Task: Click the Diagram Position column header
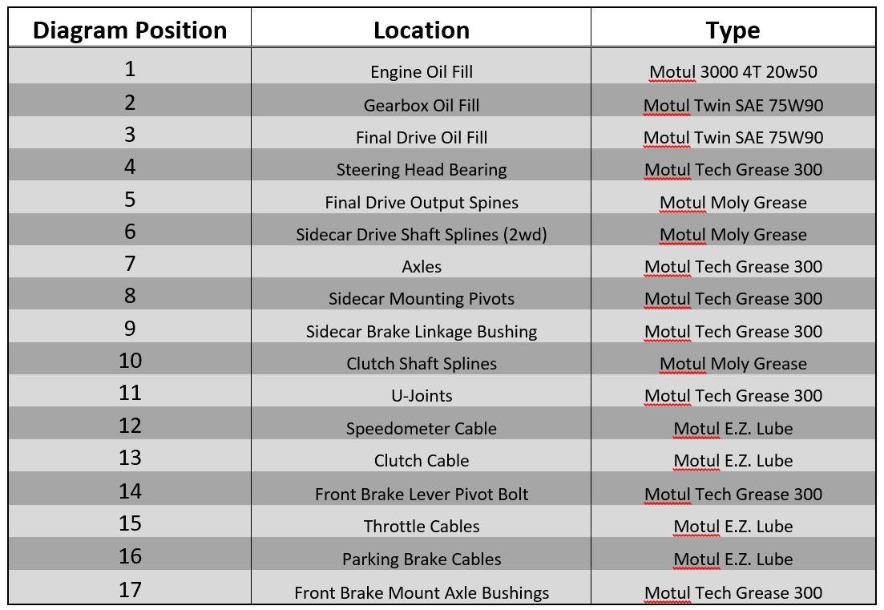pyautogui.click(x=130, y=30)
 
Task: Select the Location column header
pyautogui.click(x=421, y=30)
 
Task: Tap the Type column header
pyautogui.click(x=733, y=30)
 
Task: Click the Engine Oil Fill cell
pyautogui.click(x=421, y=71)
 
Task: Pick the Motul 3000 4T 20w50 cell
pyautogui.click(x=733, y=71)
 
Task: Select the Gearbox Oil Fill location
pyautogui.click(x=421, y=106)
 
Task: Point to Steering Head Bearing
pyautogui.click(x=421, y=170)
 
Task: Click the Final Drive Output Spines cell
pyautogui.click(x=421, y=202)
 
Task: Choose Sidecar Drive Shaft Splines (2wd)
pyautogui.click(x=421, y=235)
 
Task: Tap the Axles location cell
pyautogui.click(x=421, y=267)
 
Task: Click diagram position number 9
pyautogui.click(x=130, y=328)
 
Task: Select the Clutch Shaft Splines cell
pyautogui.click(x=421, y=364)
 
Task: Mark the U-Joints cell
pyautogui.click(x=421, y=396)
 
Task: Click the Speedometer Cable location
pyautogui.click(x=421, y=429)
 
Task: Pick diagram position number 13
pyautogui.click(x=130, y=457)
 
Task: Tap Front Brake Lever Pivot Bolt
pyautogui.click(x=421, y=495)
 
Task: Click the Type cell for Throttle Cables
pyautogui.click(x=733, y=527)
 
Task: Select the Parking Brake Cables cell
pyautogui.click(x=421, y=560)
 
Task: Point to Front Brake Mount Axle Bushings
pyautogui.click(x=421, y=593)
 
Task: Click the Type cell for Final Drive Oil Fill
pyautogui.click(x=733, y=138)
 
